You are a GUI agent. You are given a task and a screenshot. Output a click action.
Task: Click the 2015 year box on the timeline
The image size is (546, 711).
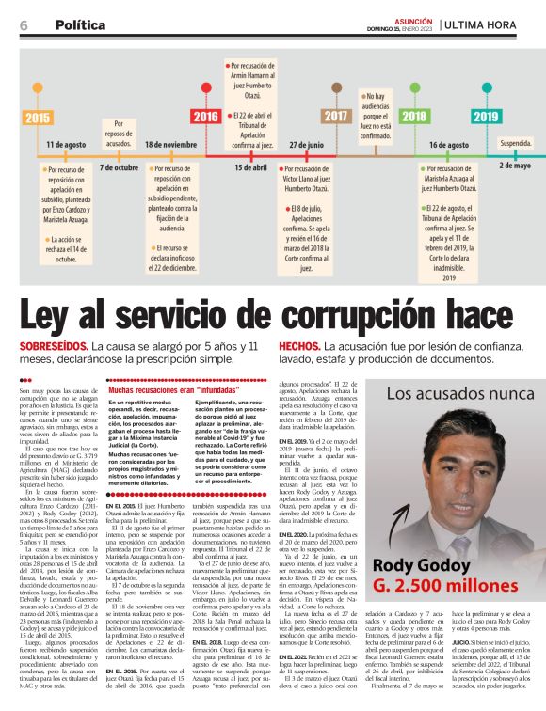pyautogui.click(x=38, y=117)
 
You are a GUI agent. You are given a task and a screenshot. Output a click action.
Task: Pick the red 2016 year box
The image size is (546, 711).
pyautogui.click(x=205, y=117)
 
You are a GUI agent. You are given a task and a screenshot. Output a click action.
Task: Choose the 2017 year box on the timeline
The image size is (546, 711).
pyautogui.click(x=335, y=117)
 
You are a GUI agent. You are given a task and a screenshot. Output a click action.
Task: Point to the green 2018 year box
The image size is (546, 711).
pyautogui.click(x=412, y=117)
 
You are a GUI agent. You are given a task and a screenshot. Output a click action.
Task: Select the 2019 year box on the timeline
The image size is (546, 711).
pyautogui.click(x=486, y=117)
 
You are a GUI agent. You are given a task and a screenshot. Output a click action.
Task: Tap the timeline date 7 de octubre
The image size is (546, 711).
pyautogui.click(x=119, y=166)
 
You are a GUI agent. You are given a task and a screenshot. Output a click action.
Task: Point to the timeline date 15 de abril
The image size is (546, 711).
pyautogui.click(x=250, y=166)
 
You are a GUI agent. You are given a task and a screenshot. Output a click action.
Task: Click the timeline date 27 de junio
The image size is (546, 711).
pyautogui.click(x=306, y=146)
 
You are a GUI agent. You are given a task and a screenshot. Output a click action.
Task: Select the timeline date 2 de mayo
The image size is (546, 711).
pyautogui.click(x=514, y=165)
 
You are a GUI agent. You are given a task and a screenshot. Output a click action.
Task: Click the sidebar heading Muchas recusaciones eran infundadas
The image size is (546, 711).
pyautogui.click(x=162, y=387)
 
